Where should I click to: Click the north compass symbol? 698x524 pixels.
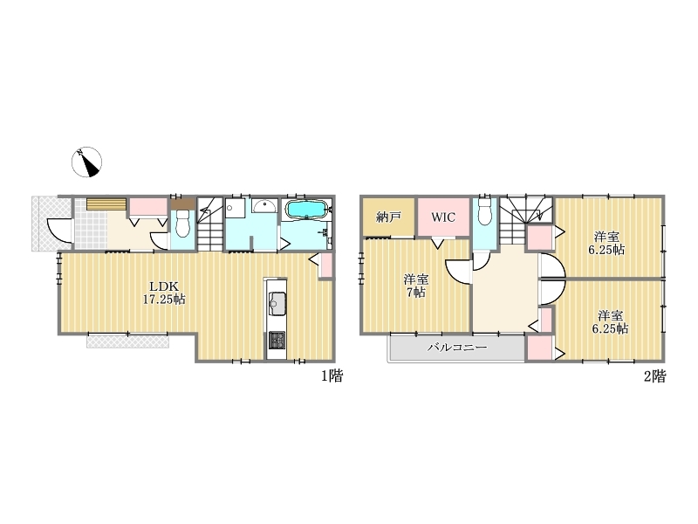pos(86,162)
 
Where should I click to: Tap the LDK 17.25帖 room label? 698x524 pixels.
pos(164,293)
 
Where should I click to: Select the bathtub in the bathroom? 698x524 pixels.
pos(307,210)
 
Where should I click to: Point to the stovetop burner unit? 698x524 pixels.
pos(277,341)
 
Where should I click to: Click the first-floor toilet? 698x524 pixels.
pos(182,224)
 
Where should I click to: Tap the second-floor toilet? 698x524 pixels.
pos(484,212)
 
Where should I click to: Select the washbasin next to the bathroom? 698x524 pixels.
pos(265,207)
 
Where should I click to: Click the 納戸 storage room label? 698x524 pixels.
pos(388,217)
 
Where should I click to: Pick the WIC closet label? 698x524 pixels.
pos(443,217)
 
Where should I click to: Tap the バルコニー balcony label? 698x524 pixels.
pos(457,347)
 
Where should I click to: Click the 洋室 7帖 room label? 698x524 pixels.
pos(416,286)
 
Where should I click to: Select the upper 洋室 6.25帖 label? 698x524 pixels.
pos(606,244)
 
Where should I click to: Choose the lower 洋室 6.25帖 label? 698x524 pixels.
pos(610,322)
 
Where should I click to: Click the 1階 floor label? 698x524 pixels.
pos(332,376)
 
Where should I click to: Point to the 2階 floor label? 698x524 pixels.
pos(655,376)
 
